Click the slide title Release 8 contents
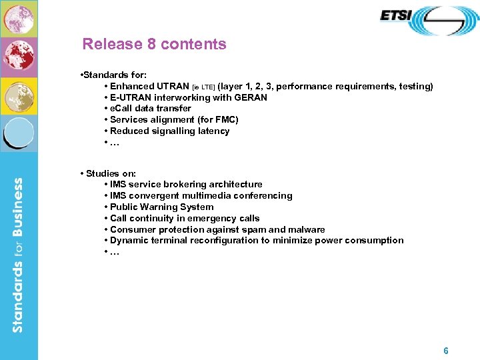click(x=154, y=45)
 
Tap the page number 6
click(x=446, y=351)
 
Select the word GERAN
click(x=250, y=97)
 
